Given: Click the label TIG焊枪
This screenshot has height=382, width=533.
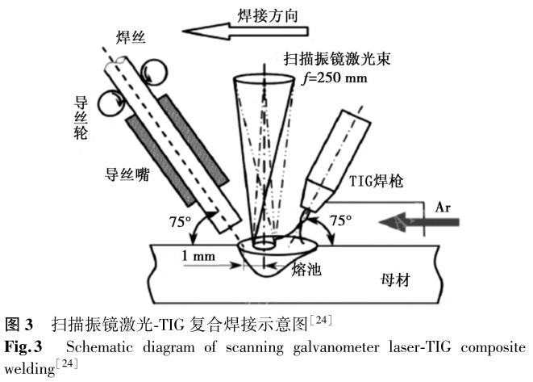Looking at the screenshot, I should coord(377,182).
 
